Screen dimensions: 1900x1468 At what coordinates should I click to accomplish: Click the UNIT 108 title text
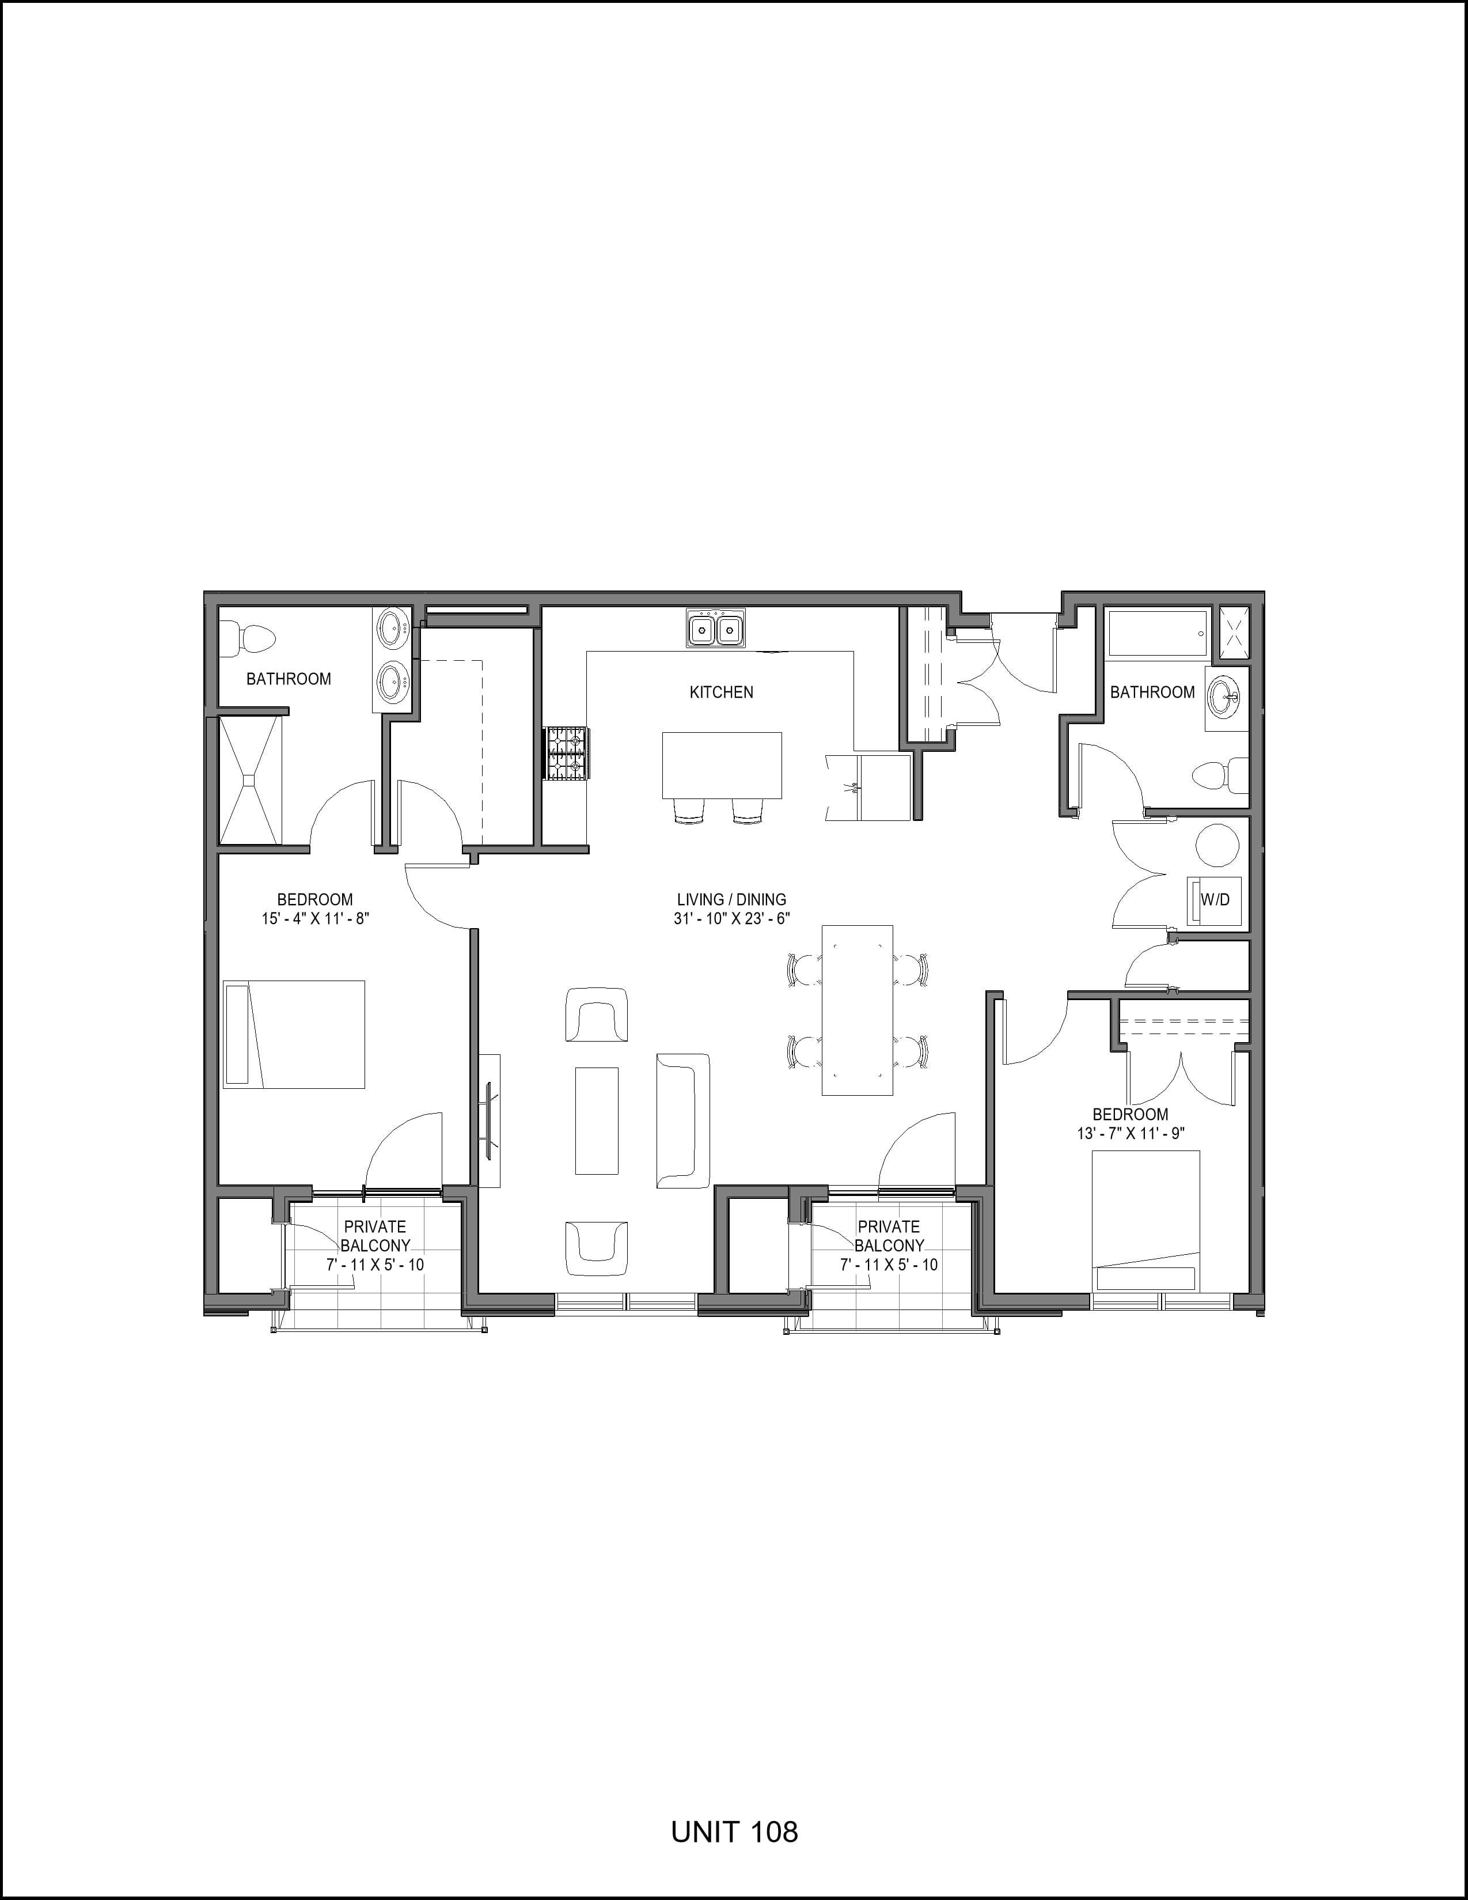pyautogui.click(x=734, y=1831)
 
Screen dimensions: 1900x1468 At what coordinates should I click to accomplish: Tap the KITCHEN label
pyautogui.click(x=721, y=692)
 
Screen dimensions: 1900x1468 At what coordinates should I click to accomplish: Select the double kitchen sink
pyautogui.click(x=716, y=627)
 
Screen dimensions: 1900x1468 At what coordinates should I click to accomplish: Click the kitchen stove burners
pyautogui.click(x=566, y=754)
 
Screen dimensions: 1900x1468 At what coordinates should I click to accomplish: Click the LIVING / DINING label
pyautogui.click(x=731, y=899)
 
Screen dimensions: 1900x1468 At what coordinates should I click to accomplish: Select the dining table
pyautogui.click(x=858, y=1009)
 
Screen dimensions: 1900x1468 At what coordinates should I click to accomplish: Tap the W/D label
pyautogui.click(x=1215, y=899)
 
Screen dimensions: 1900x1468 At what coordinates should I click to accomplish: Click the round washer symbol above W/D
pyautogui.click(x=1217, y=846)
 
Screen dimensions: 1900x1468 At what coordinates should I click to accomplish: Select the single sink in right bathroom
pyautogui.click(x=1227, y=698)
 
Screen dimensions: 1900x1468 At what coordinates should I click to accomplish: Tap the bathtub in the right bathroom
pyautogui.click(x=1156, y=633)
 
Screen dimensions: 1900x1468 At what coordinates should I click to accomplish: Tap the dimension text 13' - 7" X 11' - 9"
pyautogui.click(x=1131, y=1134)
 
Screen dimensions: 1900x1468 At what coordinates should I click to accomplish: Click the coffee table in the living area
pyautogui.click(x=597, y=1121)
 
